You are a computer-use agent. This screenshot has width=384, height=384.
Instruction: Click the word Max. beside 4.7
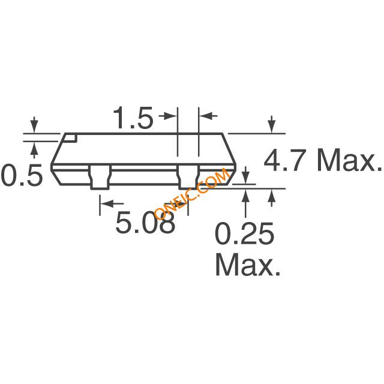[x=349, y=161]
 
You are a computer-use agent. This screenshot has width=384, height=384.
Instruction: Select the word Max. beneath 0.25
[x=248, y=265]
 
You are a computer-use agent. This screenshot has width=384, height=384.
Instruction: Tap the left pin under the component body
[x=100, y=178]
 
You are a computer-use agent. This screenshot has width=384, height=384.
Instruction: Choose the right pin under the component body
[x=188, y=177]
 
